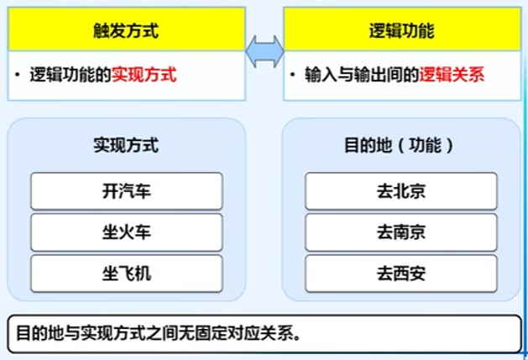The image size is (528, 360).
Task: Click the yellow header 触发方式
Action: (x=126, y=31)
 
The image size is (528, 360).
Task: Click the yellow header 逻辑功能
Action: (x=401, y=31)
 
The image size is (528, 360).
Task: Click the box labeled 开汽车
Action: (x=126, y=190)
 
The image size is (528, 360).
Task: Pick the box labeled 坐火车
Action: (x=126, y=232)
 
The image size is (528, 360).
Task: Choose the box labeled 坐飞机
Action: (x=126, y=273)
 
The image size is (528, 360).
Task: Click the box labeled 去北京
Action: (x=401, y=190)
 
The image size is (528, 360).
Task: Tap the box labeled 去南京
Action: (x=401, y=232)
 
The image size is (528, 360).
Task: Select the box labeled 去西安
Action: (x=401, y=273)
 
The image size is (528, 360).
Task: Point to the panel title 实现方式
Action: (x=126, y=145)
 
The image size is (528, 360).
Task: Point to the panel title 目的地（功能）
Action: (x=400, y=145)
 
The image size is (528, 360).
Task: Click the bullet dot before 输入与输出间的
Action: (x=294, y=75)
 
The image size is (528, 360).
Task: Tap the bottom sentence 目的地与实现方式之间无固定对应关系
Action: (x=159, y=332)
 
